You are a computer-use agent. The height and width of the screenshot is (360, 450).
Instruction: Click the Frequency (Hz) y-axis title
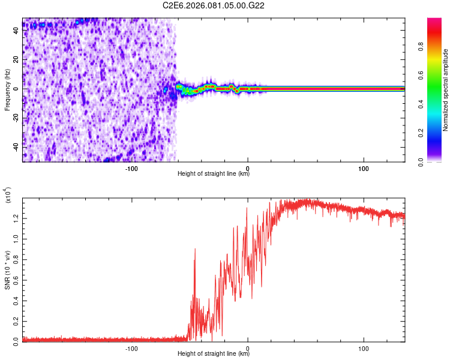click(x=7, y=90)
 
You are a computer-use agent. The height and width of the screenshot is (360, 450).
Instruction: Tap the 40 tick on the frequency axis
click(x=16, y=31)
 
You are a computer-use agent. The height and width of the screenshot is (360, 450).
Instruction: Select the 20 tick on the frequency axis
click(x=16, y=60)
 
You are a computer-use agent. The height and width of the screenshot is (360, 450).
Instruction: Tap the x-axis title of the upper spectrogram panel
click(x=214, y=174)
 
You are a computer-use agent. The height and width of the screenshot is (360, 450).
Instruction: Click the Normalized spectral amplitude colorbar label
click(x=445, y=90)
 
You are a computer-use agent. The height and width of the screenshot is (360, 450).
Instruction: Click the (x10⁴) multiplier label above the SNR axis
click(x=9, y=196)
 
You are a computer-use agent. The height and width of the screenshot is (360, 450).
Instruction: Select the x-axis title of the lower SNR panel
click(x=214, y=354)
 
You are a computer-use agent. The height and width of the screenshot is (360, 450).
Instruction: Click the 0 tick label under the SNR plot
click(x=248, y=347)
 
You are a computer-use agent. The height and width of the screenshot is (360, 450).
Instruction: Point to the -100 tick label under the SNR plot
click(x=131, y=347)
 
